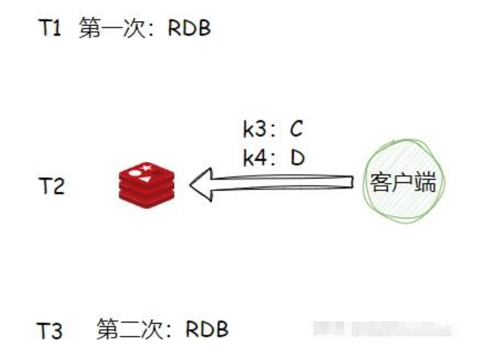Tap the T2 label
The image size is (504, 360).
(51, 186)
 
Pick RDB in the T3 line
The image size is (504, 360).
(206, 330)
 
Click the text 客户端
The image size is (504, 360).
(403, 184)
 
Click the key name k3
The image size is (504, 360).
(256, 130)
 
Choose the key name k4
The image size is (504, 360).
(256, 157)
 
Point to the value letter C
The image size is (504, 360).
(295, 130)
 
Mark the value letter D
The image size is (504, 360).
(297, 157)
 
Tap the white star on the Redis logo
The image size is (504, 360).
(146, 168)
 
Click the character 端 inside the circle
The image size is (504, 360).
(425, 184)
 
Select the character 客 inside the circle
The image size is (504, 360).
(380, 184)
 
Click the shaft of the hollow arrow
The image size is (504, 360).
(287, 184)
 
